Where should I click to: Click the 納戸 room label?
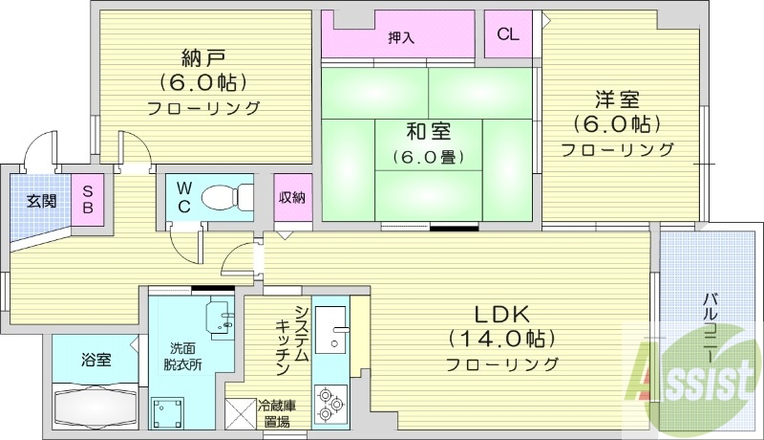(x=203, y=55)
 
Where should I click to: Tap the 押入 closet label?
(x=401, y=37)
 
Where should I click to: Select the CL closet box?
(x=508, y=34)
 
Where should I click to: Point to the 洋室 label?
(x=617, y=99)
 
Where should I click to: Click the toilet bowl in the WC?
(x=222, y=197)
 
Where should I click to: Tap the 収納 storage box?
(x=292, y=198)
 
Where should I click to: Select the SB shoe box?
(x=87, y=200)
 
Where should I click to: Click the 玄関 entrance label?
(x=40, y=201)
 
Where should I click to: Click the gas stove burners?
(x=330, y=402)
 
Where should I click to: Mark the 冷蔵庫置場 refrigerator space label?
(x=275, y=413)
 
